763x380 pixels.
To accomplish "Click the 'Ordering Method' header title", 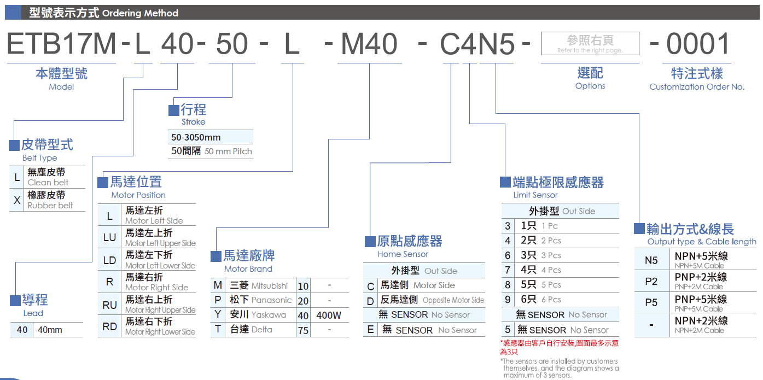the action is tap(140, 13).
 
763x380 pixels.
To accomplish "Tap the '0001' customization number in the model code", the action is tap(697, 44).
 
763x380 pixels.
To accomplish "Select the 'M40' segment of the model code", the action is tap(369, 44).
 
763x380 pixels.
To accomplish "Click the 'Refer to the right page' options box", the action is tap(590, 43).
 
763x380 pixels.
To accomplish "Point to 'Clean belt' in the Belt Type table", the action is tap(48, 183).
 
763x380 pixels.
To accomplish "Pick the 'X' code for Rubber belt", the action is tap(17, 200).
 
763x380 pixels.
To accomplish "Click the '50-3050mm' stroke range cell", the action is tap(196, 137).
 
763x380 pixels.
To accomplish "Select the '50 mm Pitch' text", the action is tap(228, 151).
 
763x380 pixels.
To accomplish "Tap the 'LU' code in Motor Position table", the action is tap(110, 237).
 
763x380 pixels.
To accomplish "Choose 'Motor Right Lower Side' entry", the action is tap(160, 332).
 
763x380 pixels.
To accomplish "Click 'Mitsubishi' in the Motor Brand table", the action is tap(270, 285).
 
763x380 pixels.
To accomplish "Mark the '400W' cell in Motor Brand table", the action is tap(329, 315).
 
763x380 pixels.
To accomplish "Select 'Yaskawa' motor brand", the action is tap(269, 315).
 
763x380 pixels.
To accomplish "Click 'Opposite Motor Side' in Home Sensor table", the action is tap(453, 300).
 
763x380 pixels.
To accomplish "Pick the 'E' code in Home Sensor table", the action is tap(370, 330).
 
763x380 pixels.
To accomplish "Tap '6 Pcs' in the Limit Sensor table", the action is tap(551, 300).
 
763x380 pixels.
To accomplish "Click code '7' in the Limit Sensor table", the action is tap(508, 270).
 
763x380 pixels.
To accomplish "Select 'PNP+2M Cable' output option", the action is tap(698, 287).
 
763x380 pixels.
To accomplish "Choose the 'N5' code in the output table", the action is tap(651, 260).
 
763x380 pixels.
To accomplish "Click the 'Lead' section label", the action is tap(33, 313).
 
